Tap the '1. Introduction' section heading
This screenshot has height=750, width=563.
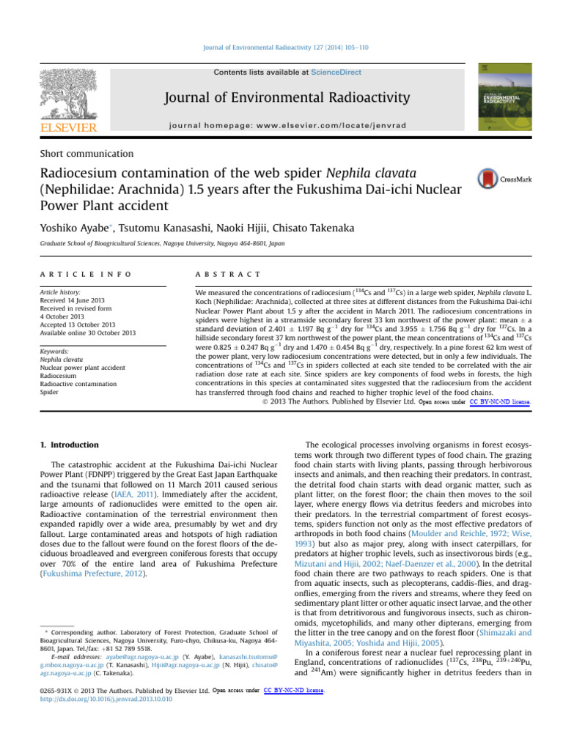point(67,445)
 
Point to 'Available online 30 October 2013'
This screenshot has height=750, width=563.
point(88,333)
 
